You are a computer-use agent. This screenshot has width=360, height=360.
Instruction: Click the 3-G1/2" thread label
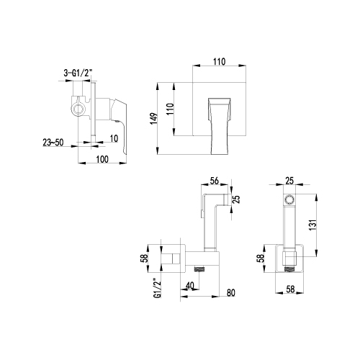(78, 73)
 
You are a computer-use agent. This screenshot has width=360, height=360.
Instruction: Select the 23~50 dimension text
(53, 143)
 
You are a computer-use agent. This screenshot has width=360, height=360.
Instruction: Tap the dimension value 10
(114, 138)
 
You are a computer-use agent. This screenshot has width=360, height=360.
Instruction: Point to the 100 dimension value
(102, 159)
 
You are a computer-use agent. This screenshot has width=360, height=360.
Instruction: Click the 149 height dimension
(154, 119)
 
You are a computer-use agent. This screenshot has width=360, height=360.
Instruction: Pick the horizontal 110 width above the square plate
(220, 62)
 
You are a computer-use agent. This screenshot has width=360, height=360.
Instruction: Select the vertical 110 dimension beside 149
(170, 109)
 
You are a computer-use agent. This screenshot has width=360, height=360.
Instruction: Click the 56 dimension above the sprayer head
(214, 181)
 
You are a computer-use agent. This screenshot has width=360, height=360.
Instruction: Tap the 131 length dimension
(312, 225)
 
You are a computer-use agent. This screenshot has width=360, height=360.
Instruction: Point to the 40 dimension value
(190, 286)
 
